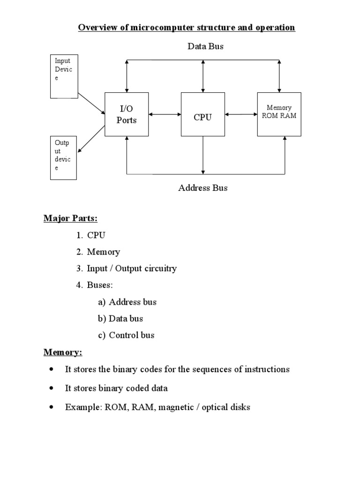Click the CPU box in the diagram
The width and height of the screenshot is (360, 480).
click(202, 114)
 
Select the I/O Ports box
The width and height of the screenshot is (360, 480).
click(126, 114)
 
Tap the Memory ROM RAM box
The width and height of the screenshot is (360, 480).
click(279, 114)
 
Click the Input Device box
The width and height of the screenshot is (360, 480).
click(64, 76)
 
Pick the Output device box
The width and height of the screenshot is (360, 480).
click(63, 157)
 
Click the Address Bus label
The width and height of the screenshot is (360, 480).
click(203, 188)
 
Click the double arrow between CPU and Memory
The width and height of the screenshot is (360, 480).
click(240, 114)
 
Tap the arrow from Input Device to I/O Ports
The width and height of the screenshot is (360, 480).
click(91, 103)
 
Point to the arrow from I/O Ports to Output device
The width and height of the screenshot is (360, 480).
click(91, 140)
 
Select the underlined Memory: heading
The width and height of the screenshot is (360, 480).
click(63, 352)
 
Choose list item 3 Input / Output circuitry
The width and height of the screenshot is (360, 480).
click(127, 269)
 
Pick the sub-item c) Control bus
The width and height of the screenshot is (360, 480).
click(126, 335)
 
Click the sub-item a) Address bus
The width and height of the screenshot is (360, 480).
click(127, 302)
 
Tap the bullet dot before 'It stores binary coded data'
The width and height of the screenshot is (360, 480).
click(51, 388)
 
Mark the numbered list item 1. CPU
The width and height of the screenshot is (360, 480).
click(91, 235)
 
